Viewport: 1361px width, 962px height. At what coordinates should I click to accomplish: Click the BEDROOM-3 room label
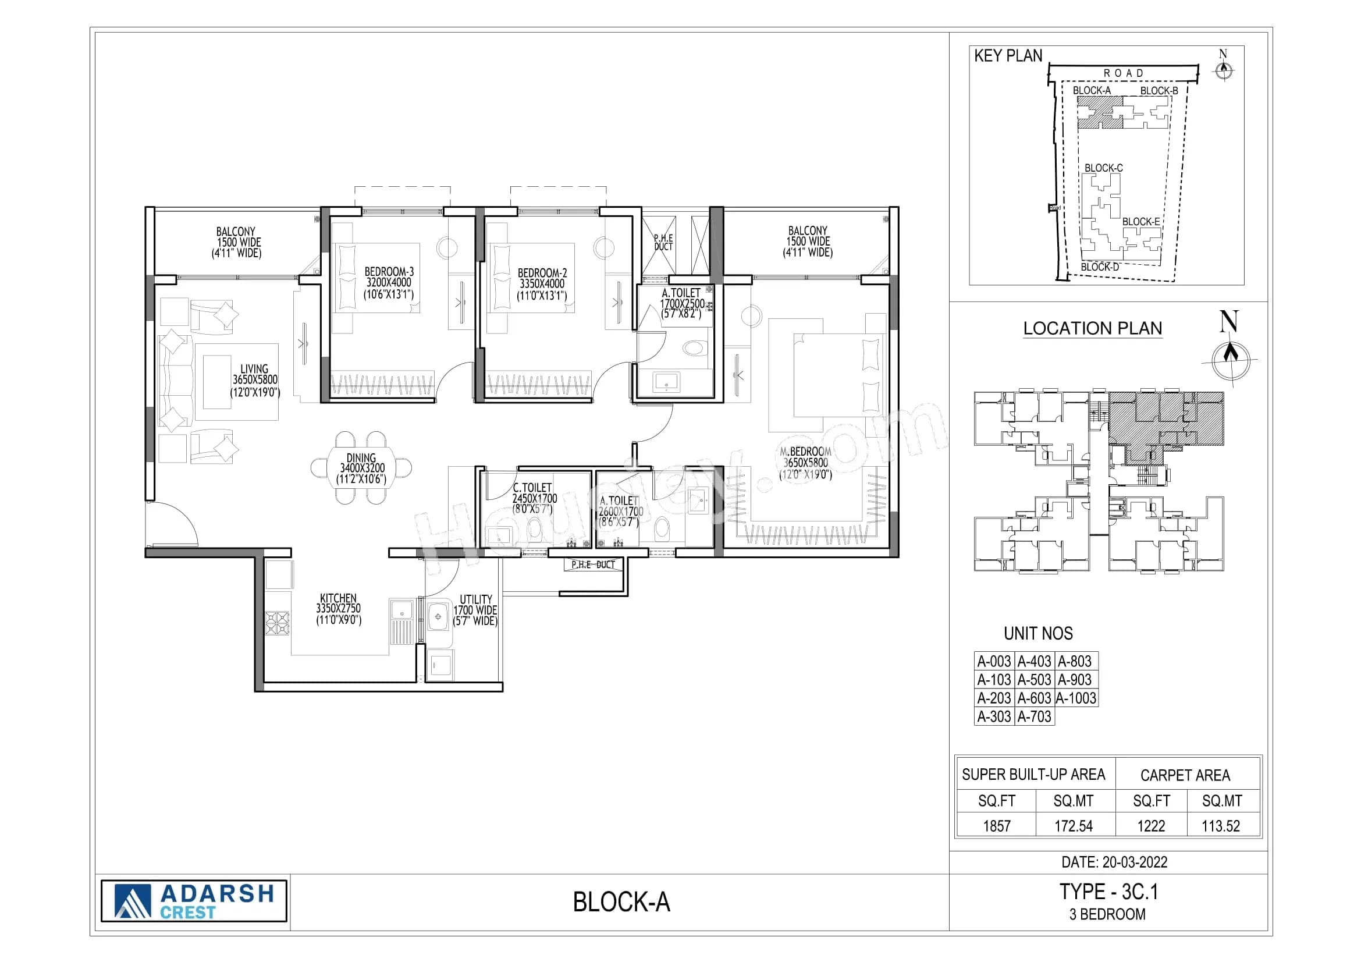[x=389, y=272]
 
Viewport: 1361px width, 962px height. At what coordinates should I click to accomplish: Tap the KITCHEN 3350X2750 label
[x=338, y=609]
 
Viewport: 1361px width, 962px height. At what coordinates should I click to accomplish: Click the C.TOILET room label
[x=532, y=488]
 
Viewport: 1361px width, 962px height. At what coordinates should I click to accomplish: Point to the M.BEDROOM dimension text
[x=805, y=463]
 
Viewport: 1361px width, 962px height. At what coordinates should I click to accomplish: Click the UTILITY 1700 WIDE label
[x=475, y=610]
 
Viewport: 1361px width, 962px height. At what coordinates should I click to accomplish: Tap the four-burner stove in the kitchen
[x=277, y=623]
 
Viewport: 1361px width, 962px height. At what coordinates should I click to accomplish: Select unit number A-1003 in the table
[x=1076, y=698]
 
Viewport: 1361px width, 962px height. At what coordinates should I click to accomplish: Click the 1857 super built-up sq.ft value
[x=996, y=826]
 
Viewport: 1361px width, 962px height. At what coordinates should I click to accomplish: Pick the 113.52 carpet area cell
[x=1221, y=826]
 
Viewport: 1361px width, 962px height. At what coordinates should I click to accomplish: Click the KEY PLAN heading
[x=1008, y=56]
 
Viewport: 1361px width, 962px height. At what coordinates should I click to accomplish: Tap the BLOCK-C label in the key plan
[x=1103, y=168]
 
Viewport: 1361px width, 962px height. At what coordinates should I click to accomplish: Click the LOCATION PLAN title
[x=1093, y=328]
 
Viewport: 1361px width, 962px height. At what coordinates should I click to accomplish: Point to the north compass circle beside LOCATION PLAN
[x=1231, y=360]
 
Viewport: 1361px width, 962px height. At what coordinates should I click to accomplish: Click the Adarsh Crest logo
[x=194, y=901]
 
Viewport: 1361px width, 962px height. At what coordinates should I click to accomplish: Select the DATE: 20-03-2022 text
[x=1114, y=862]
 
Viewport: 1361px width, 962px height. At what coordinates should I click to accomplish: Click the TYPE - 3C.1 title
[x=1108, y=892]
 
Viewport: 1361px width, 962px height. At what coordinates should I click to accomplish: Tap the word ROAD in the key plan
[x=1122, y=73]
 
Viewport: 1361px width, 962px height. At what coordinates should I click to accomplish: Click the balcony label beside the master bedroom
[x=808, y=242]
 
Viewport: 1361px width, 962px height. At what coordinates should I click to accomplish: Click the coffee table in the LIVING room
[x=217, y=382]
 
